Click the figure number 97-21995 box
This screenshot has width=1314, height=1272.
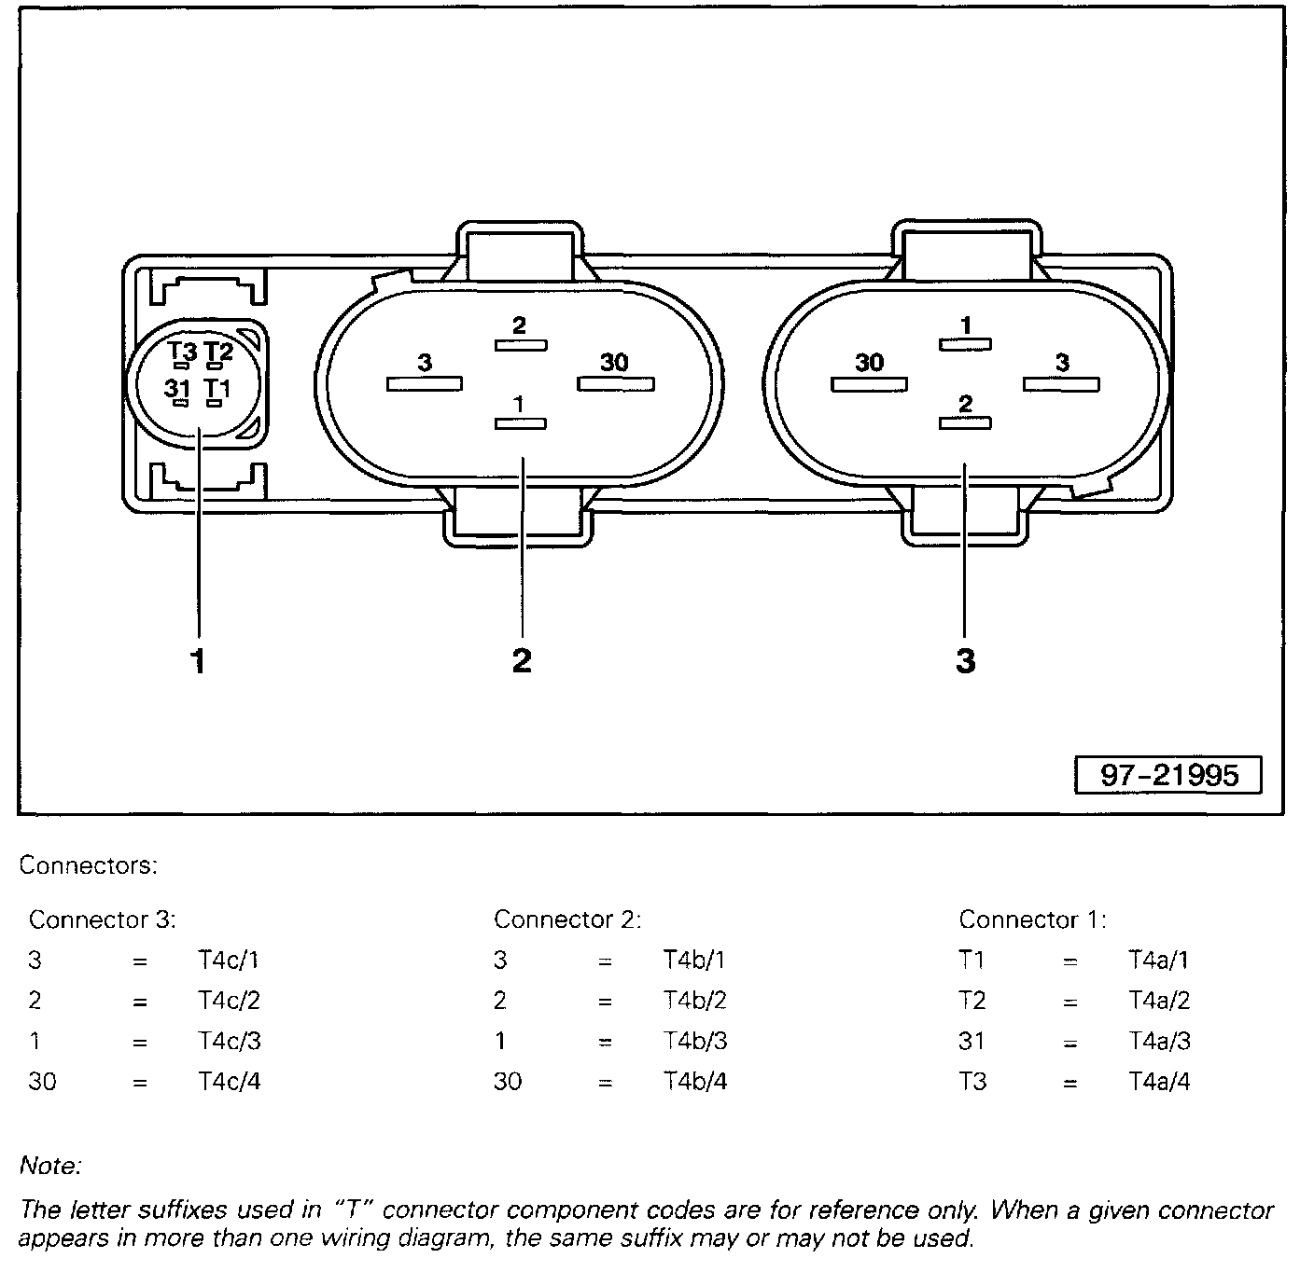[1167, 775]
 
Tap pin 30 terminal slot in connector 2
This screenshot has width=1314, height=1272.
[616, 383]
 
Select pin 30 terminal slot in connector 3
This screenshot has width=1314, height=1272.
[869, 383]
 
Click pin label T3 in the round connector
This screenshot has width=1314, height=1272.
[182, 353]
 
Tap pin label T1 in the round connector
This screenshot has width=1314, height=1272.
[217, 389]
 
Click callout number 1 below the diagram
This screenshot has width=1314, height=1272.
[197, 661]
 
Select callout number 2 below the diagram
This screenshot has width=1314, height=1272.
[522, 660]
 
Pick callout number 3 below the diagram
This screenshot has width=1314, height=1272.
[965, 660]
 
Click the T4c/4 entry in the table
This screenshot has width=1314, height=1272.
[229, 1082]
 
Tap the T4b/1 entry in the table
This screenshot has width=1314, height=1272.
[694, 960]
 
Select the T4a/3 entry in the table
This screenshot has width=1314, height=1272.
[1159, 1041]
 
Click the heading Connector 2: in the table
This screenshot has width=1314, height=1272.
[566, 919]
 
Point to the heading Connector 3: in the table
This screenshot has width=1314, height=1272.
[102, 919]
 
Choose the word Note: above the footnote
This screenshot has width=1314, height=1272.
[50, 1166]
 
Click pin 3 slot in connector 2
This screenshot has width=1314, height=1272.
[425, 383]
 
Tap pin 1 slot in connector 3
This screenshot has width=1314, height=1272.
[965, 345]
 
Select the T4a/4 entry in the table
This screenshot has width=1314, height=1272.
[1159, 1082]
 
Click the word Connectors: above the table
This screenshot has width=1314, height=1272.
[89, 865]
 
